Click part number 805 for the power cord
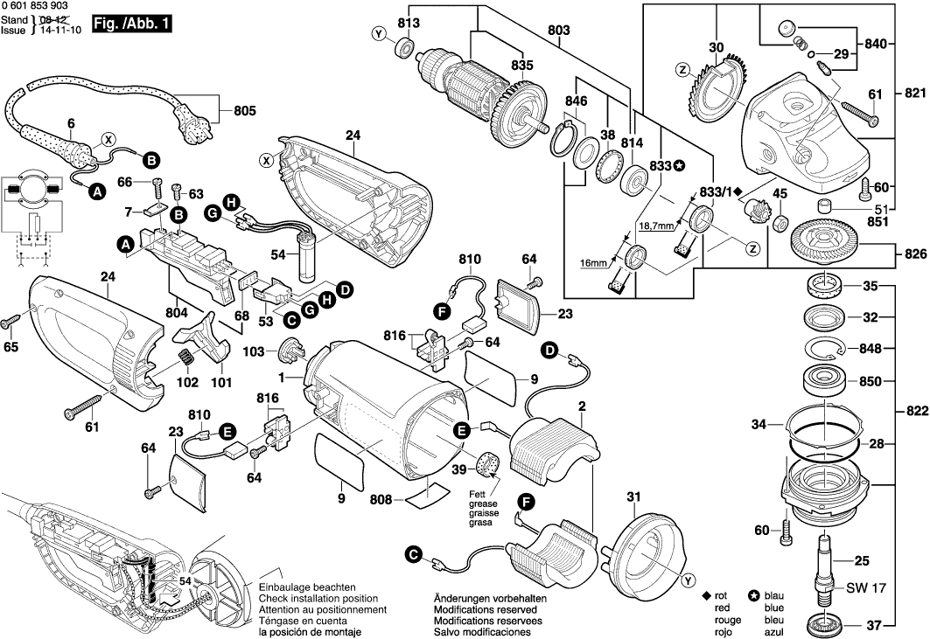coord(245,111)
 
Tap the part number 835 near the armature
coord(522,66)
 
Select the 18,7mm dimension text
coord(655,226)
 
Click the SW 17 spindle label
coord(866,589)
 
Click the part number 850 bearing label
coord(871,382)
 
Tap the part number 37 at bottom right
coord(872,625)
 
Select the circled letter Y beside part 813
coord(378,34)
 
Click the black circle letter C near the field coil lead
coord(412,553)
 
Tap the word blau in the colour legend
coord(774,595)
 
